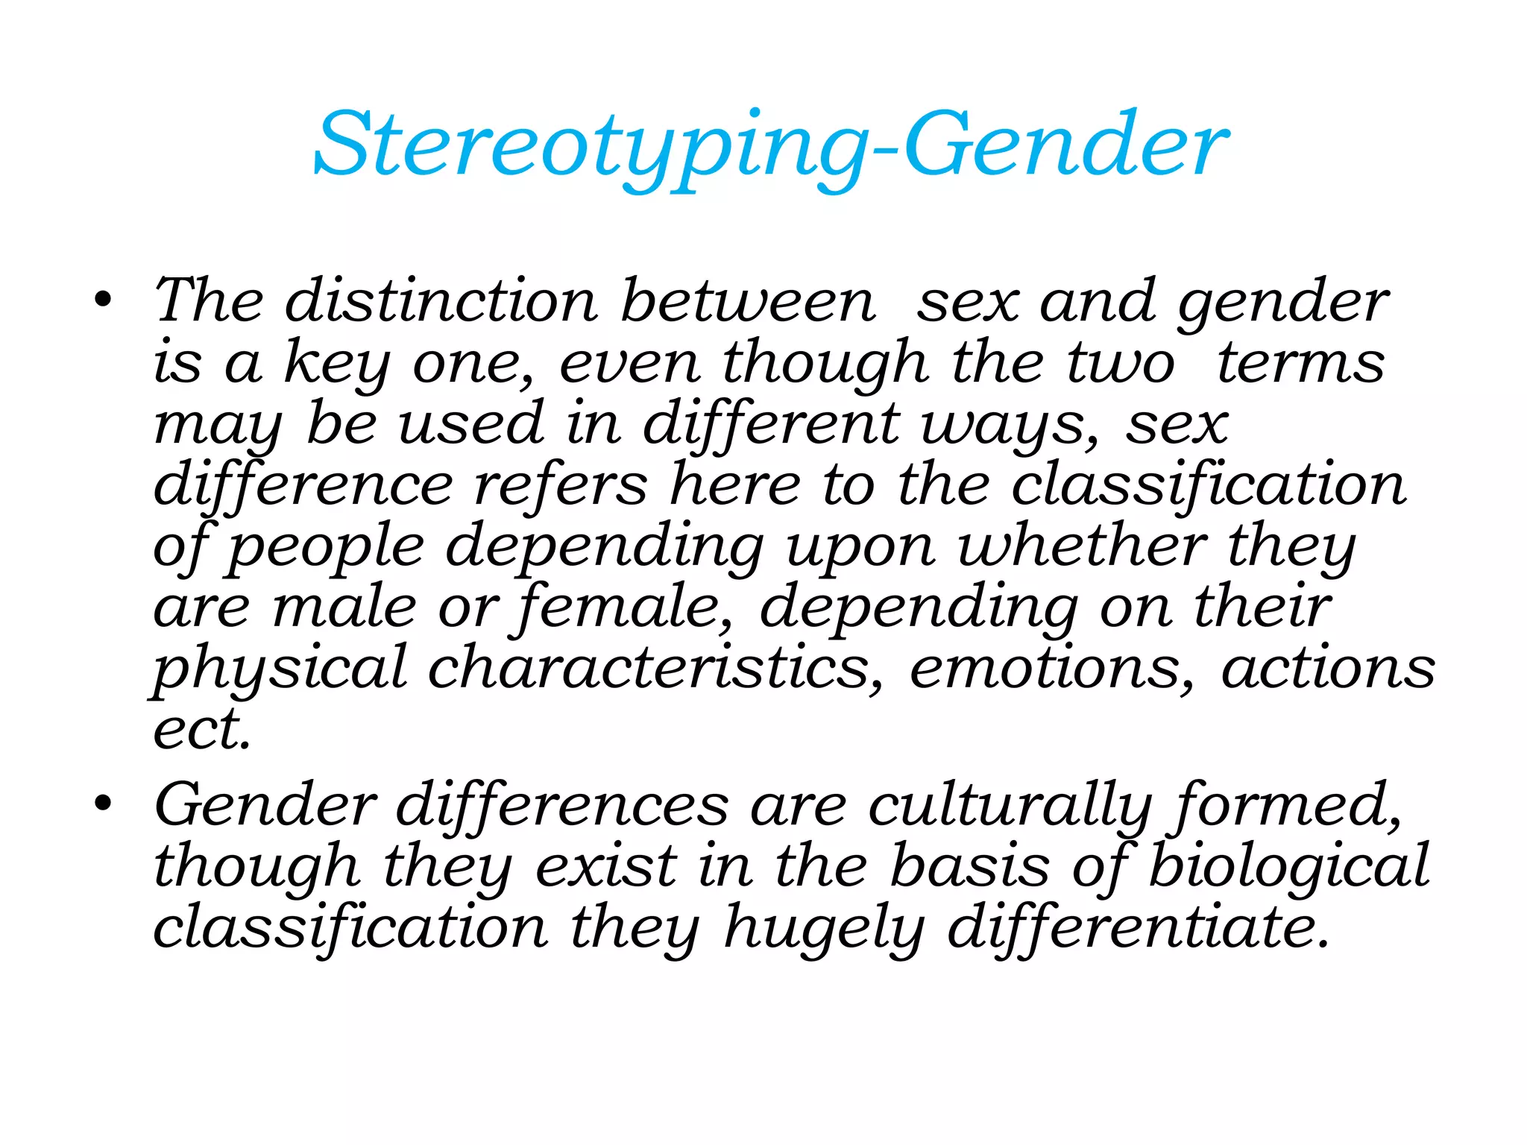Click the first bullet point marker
coord(103,300)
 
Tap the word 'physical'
coord(280,669)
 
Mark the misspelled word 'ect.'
coord(201,729)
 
